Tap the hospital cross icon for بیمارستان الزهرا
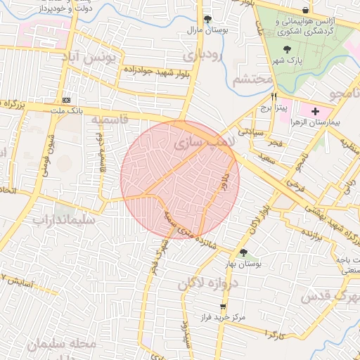[315, 111]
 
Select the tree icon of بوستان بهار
[243, 253]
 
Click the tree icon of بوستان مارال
[207, 19]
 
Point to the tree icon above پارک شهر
[286, 49]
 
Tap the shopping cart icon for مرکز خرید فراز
[224, 307]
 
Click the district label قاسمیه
[109, 120]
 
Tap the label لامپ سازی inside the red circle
[198, 143]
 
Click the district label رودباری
[201, 54]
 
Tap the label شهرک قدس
[330, 296]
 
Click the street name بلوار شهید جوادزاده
[153, 70]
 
